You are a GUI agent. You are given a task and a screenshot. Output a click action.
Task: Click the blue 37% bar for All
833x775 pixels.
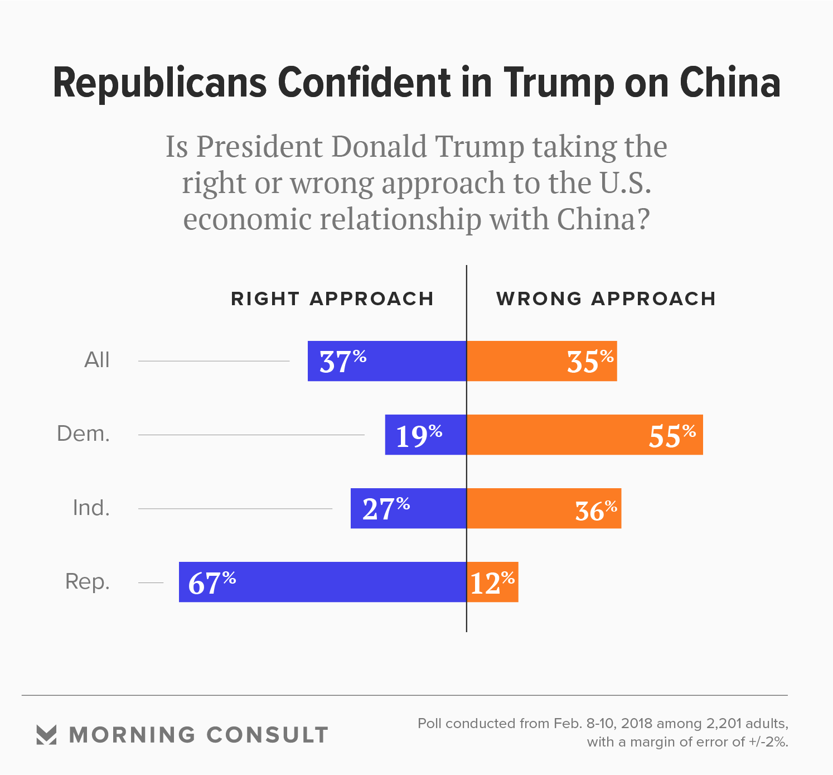coord(387,361)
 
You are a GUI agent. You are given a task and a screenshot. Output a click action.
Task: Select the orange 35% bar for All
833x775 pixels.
coord(541,361)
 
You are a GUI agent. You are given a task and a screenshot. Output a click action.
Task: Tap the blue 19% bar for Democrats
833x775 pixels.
coord(425,435)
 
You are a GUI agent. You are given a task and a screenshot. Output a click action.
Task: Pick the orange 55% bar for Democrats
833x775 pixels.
coord(584,435)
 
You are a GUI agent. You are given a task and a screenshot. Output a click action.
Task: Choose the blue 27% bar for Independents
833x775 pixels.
coord(408,508)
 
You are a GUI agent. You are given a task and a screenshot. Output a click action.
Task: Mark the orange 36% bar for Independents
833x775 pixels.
coord(544,508)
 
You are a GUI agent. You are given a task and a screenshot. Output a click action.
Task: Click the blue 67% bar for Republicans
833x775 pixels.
coord(322,582)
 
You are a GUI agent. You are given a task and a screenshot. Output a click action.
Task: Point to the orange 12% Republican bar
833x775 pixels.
coord(492,582)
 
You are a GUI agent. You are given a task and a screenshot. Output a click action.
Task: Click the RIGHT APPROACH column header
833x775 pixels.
coord(332,299)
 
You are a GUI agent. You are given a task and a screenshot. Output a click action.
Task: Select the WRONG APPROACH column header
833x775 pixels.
coord(606,299)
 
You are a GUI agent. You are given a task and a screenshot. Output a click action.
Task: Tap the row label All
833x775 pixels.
coord(97,360)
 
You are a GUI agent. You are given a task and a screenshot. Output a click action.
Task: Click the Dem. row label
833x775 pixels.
coord(84,434)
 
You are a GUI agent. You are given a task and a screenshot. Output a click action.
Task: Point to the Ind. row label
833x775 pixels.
coord(91,508)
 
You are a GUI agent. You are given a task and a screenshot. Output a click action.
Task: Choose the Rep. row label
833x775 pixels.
coord(88,582)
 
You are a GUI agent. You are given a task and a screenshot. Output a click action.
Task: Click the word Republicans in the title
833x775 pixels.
coord(161,84)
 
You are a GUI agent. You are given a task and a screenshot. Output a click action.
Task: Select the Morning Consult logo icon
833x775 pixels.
coord(46,735)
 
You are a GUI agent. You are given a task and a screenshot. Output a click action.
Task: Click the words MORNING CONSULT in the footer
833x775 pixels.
coord(198,735)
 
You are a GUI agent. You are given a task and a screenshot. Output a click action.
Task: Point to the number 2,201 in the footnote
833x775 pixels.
coord(724,724)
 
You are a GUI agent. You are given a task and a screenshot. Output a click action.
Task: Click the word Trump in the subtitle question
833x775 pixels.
coord(479,147)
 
